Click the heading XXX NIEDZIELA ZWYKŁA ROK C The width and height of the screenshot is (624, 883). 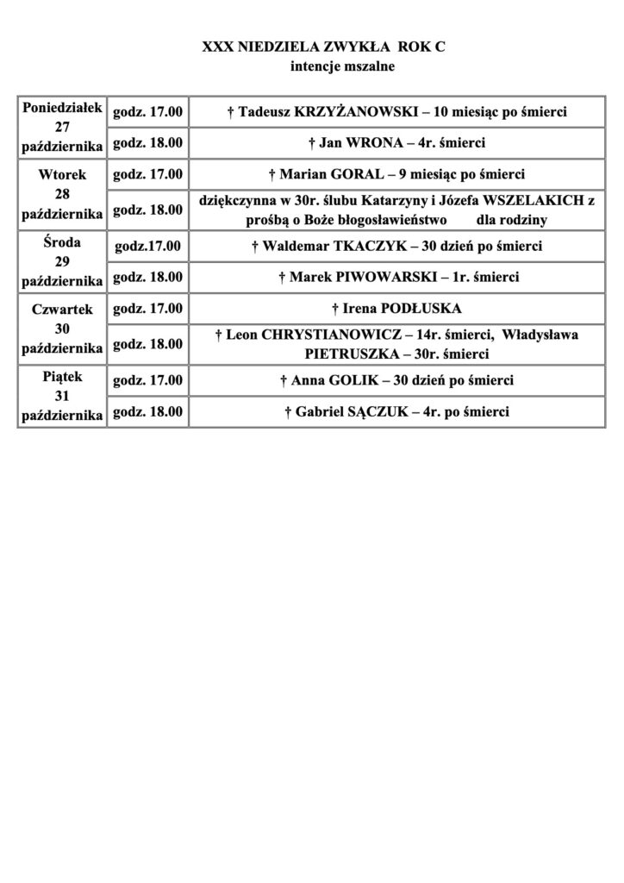323,51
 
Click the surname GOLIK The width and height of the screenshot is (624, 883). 371,380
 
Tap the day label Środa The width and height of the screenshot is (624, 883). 62,242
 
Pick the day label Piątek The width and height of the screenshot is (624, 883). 62,377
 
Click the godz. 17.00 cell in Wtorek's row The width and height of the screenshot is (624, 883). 148,174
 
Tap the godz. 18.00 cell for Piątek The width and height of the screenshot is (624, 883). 148,412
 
